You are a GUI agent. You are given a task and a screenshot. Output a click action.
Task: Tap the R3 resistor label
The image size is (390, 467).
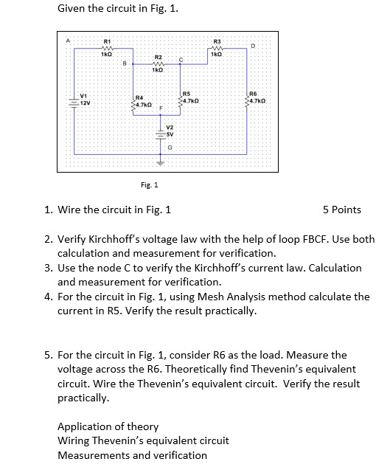click(x=217, y=41)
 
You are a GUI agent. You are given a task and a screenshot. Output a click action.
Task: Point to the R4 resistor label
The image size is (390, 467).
click(x=139, y=97)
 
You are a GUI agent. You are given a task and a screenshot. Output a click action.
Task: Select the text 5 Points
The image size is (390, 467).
click(x=342, y=210)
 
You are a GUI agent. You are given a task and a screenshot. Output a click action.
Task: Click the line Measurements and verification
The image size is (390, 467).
click(x=132, y=454)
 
